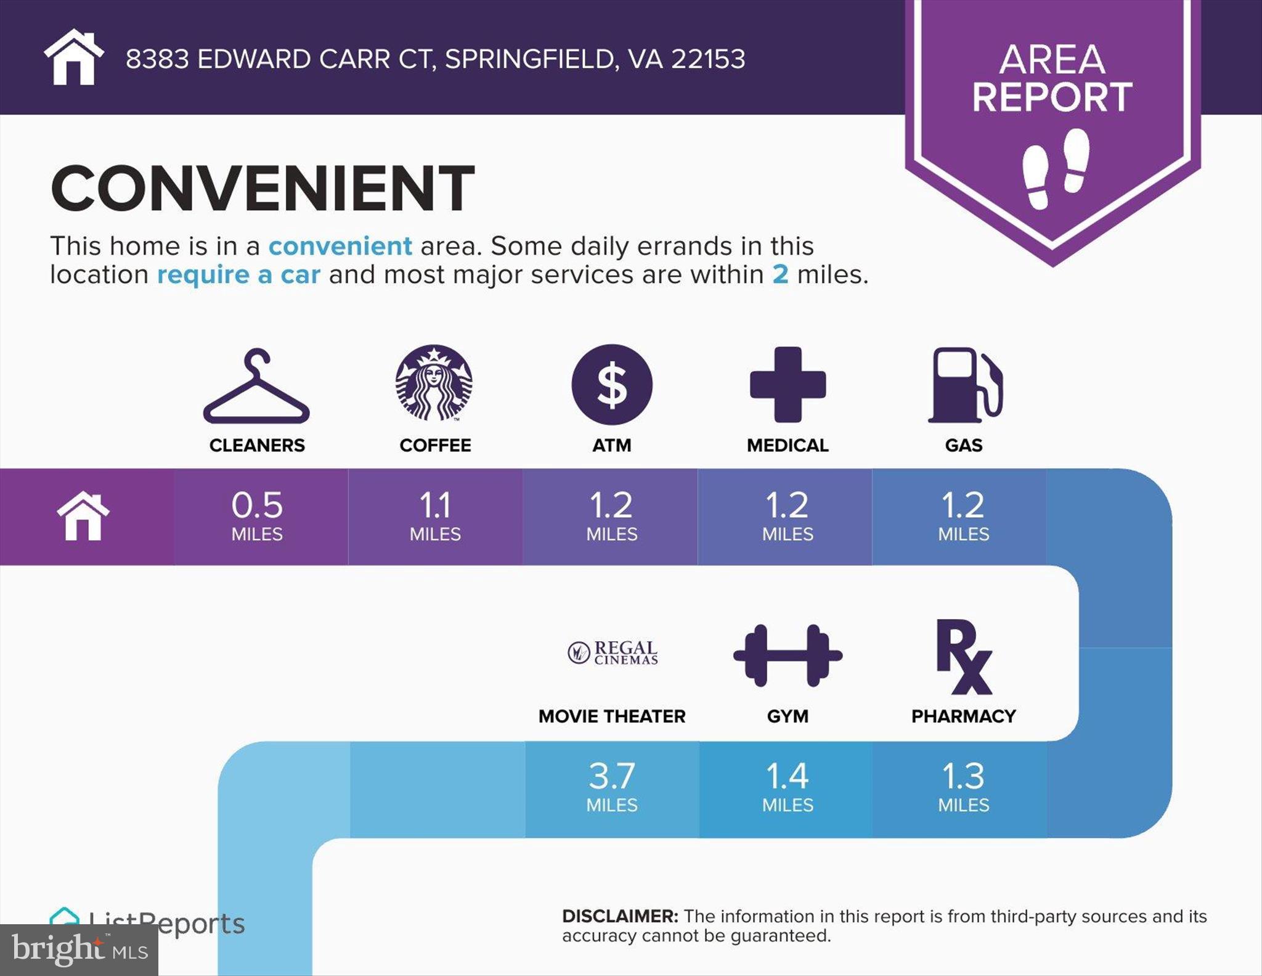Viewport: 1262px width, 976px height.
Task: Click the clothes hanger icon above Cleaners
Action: (256, 401)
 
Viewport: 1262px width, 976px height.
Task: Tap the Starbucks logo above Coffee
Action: (434, 383)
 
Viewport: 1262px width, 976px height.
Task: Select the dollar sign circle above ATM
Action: (612, 384)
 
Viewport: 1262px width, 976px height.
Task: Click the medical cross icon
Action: (788, 385)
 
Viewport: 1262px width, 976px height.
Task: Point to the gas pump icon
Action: (965, 385)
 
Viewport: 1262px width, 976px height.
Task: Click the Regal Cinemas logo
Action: (613, 652)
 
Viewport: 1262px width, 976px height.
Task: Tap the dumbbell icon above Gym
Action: (788, 655)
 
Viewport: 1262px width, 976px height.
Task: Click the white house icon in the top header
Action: (74, 57)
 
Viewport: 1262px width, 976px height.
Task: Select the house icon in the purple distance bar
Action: (83, 516)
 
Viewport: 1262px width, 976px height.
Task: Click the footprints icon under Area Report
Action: (1056, 168)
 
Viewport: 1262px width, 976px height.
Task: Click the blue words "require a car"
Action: (238, 275)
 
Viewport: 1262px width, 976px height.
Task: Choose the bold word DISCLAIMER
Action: (620, 916)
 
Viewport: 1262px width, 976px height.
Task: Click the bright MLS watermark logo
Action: (79, 949)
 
